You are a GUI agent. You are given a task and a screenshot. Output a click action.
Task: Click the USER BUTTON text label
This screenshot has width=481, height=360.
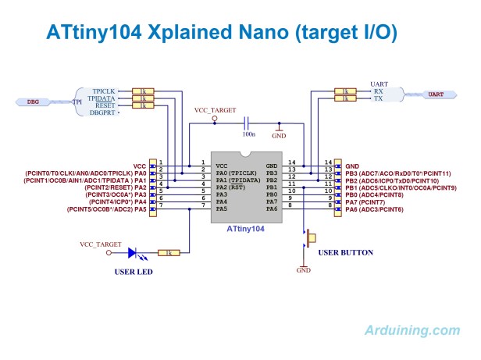(346, 252)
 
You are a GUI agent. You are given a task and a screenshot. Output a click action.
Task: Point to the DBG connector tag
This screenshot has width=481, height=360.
(34, 102)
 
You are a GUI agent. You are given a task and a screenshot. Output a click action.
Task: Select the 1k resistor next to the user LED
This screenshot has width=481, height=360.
(169, 253)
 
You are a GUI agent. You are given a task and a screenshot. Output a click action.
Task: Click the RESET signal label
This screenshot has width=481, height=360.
(104, 105)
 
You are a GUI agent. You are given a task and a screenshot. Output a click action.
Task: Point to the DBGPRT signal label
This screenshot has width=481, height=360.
(105, 113)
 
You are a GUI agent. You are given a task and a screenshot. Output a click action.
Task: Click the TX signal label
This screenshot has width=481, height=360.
(377, 98)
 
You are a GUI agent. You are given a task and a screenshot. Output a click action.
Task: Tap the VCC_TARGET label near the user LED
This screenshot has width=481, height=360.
(101, 244)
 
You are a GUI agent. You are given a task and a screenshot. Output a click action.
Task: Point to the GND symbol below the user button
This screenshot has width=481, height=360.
(303, 269)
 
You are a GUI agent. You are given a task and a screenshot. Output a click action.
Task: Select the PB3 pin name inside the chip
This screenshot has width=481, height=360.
(272, 173)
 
